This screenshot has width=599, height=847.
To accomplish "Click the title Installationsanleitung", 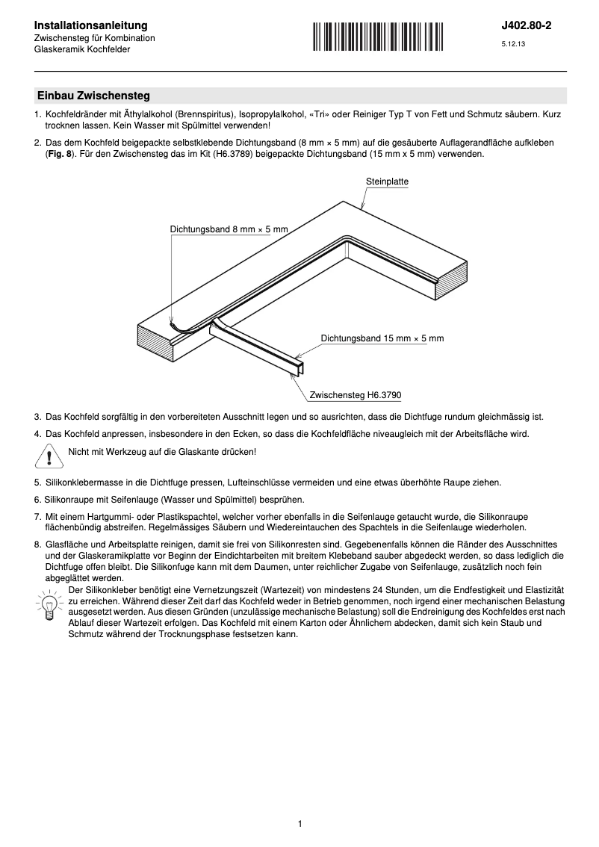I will click(90, 25).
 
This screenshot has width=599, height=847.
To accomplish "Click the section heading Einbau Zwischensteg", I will click(93, 96).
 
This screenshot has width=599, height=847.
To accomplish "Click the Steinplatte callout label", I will click(387, 181).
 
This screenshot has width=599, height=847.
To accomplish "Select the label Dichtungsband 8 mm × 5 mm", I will click(229, 229).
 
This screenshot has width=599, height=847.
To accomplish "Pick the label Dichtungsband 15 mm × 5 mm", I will click(382, 338).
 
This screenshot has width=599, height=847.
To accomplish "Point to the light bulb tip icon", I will click(49, 604).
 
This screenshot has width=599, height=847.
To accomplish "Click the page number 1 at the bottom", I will click(299, 824).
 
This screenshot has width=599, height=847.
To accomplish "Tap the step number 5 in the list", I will click(37, 483).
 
